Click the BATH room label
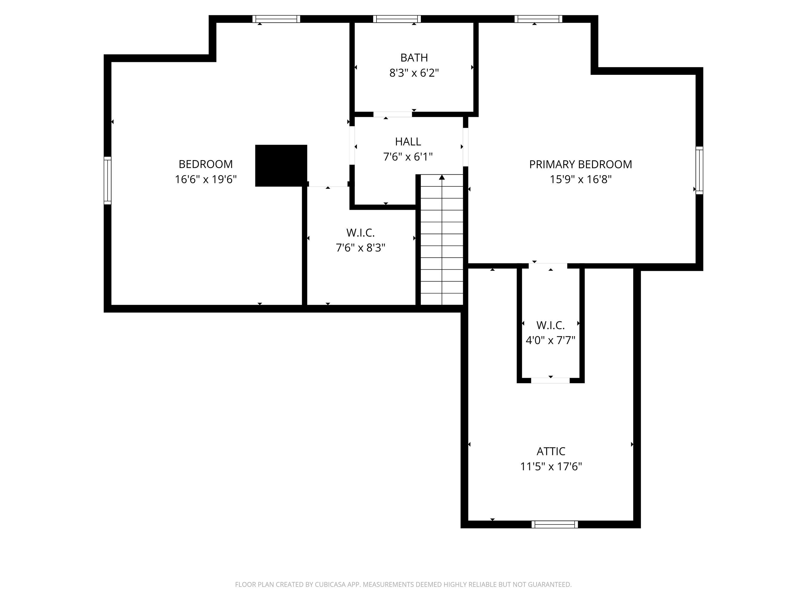click(x=414, y=58)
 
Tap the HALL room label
click(x=408, y=142)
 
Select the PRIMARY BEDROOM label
click(x=581, y=164)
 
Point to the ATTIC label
click(x=551, y=451)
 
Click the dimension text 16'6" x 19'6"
click(x=206, y=179)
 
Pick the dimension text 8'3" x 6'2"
click(x=414, y=73)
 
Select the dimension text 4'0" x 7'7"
click(x=551, y=340)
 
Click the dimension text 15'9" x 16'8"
click(x=581, y=179)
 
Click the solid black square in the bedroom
click(x=281, y=166)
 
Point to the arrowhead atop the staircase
click(x=442, y=177)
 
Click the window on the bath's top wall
click(x=397, y=19)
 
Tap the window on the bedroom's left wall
click(x=107, y=180)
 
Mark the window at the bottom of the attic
click(x=555, y=524)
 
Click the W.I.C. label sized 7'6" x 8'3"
click(x=360, y=233)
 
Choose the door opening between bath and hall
click(x=392, y=114)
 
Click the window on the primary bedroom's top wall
click(x=539, y=19)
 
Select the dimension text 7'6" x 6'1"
click(x=408, y=157)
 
